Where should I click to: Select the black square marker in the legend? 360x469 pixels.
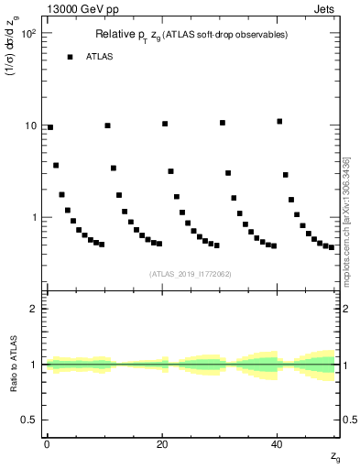click(x=70, y=57)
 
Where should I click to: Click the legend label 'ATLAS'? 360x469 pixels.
click(x=100, y=57)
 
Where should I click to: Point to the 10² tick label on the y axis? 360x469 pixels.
click(x=28, y=34)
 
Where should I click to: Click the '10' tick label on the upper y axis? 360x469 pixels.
click(x=31, y=125)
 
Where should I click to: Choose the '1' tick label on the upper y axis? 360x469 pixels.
click(x=34, y=218)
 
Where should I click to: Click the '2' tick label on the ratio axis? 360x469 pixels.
click(x=34, y=309)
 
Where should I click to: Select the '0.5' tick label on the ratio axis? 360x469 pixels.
click(x=29, y=420)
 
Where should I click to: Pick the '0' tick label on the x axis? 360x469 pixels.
click(x=47, y=443)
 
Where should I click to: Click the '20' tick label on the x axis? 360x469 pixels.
click(x=162, y=443)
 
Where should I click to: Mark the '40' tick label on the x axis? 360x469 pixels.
click(x=278, y=443)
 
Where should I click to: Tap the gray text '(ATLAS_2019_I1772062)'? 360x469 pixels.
click(x=191, y=273)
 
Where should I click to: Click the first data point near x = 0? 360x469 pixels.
click(x=50, y=127)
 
